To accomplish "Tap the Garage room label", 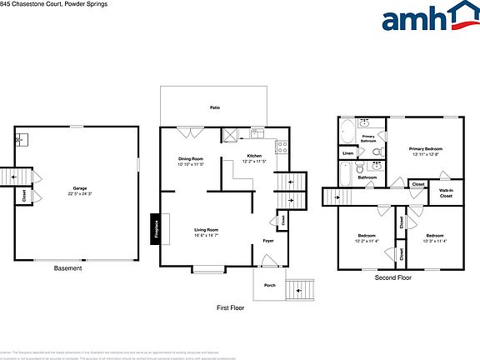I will [x=80, y=192].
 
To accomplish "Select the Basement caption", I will [x=68, y=268].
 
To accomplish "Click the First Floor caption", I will [x=231, y=307].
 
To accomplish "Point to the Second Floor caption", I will [x=392, y=277].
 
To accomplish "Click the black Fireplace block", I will [x=156, y=228].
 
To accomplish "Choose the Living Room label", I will [x=206, y=232].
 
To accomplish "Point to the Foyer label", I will [x=268, y=241].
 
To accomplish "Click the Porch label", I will [x=269, y=285].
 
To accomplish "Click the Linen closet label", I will [x=347, y=153].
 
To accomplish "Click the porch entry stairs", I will [x=303, y=289].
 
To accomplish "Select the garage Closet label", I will [x=25, y=197].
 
